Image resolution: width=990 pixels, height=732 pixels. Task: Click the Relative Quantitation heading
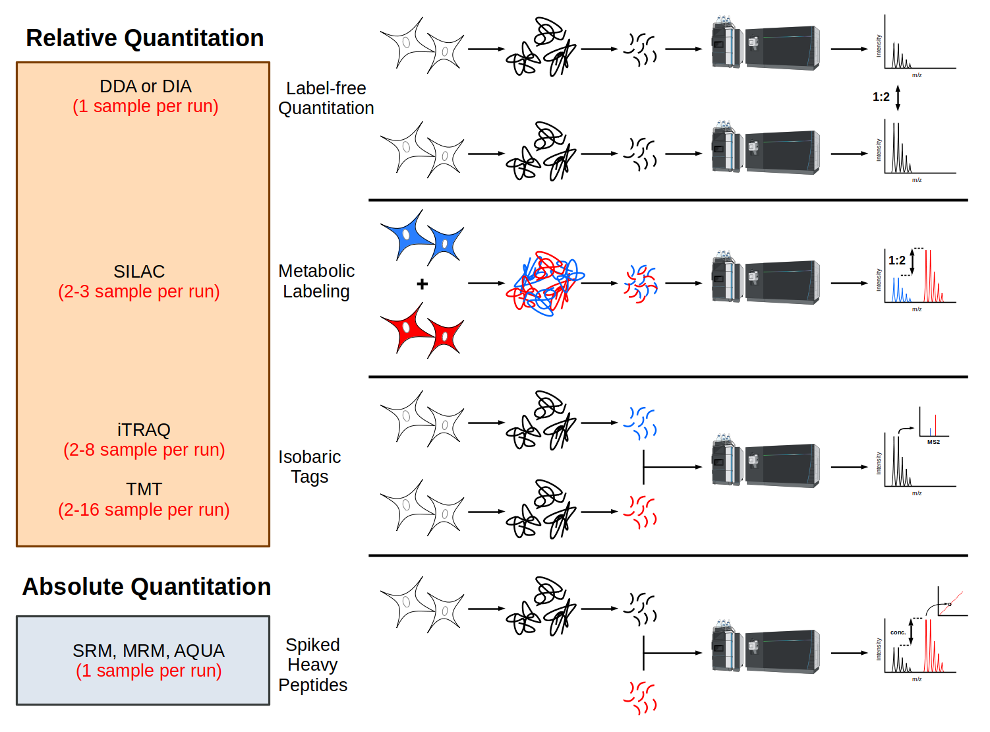tap(144, 38)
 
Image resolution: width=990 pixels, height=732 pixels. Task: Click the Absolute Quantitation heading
tap(146, 586)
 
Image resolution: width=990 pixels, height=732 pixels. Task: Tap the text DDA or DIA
tap(146, 86)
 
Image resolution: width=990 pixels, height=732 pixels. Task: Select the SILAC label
tap(139, 272)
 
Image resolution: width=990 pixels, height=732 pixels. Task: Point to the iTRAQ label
tap(144, 430)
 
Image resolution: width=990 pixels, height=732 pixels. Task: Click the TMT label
tap(144, 489)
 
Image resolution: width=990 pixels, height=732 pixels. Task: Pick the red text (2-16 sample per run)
tap(144, 510)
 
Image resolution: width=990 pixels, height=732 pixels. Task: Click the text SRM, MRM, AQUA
tap(148, 651)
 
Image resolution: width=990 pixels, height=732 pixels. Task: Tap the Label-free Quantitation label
tap(326, 98)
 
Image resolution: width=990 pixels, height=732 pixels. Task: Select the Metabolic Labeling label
tap(316, 281)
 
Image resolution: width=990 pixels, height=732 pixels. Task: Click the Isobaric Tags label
tap(309, 467)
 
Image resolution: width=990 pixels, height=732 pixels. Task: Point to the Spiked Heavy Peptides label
tap(312, 665)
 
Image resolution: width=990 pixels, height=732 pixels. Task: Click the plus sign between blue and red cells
tap(422, 284)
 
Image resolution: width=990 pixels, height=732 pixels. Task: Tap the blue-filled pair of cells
tap(422, 237)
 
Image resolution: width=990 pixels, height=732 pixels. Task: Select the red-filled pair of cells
tap(422, 330)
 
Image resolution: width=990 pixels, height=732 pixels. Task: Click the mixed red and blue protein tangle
tap(544, 284)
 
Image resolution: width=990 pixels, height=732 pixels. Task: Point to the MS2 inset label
tap(933, 442)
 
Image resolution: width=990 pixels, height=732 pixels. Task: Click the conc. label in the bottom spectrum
tap(898, 632)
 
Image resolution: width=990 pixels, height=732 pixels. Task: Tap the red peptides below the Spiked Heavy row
tap(640, 698)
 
